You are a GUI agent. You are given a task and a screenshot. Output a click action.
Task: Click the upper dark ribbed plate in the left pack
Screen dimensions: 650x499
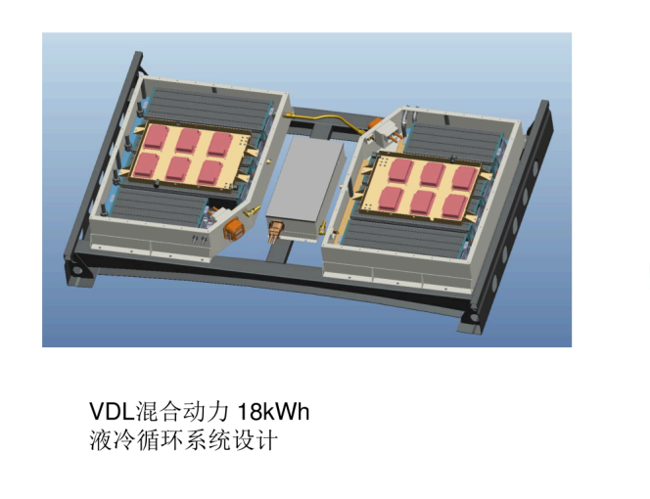click(210, 107)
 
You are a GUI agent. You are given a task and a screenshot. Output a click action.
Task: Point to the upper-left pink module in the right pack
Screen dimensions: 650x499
click(401, 169)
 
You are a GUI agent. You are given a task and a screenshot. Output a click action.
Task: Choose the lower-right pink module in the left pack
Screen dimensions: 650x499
click(209, 172)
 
